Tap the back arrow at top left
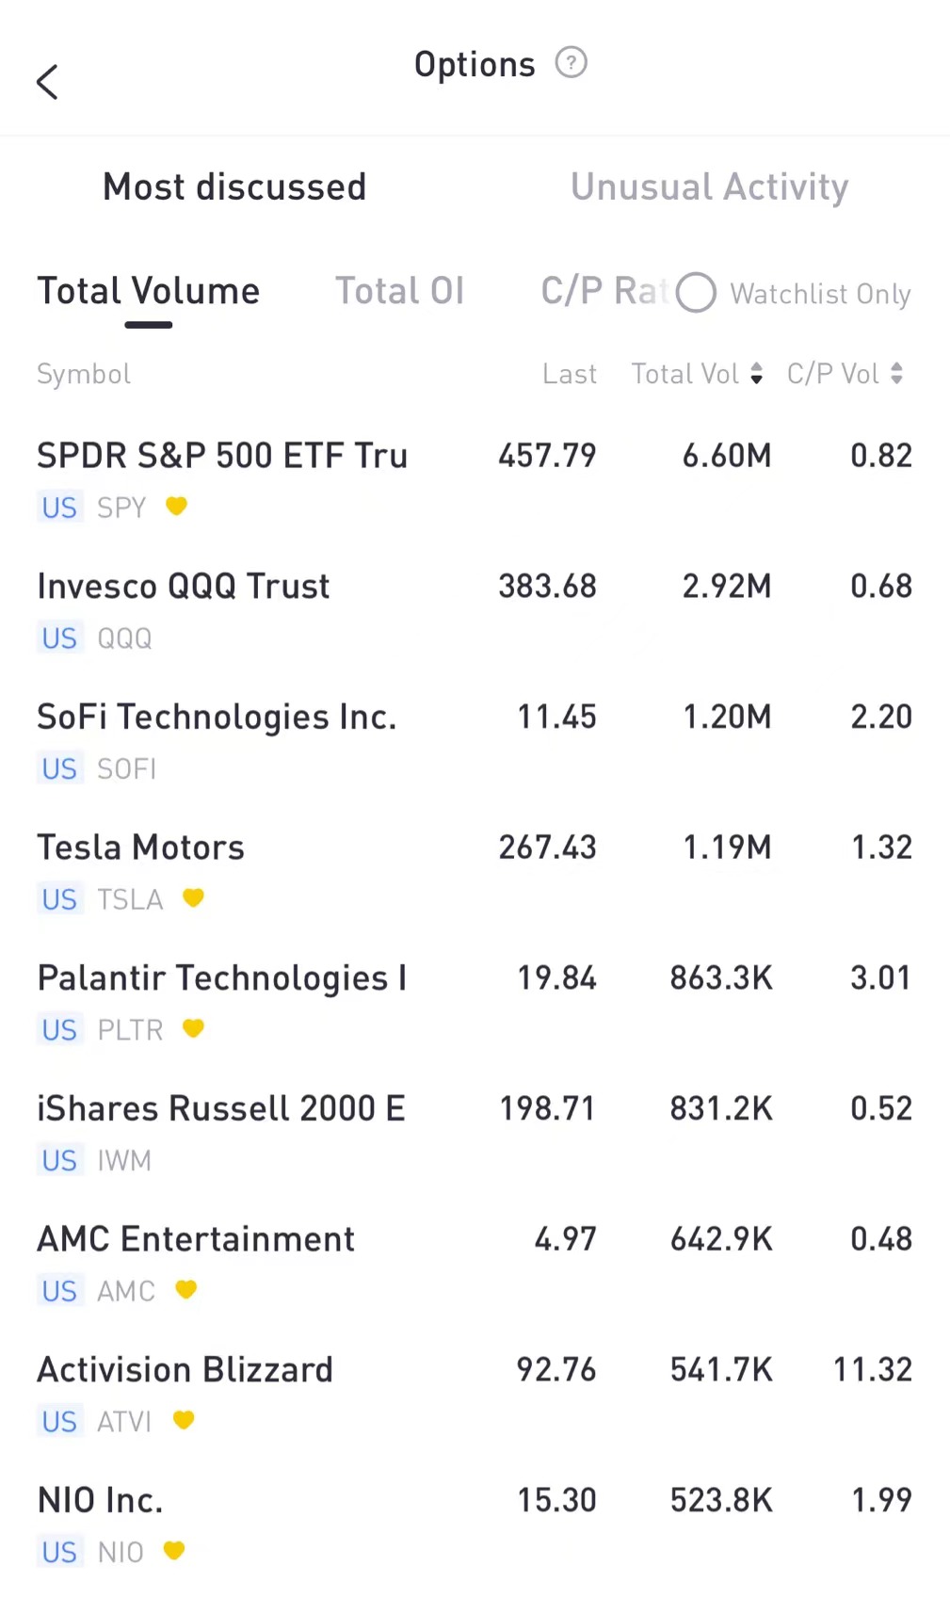point(47,82)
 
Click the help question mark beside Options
point(571,63)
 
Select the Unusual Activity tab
point(709,186)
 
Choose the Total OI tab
point(399,291)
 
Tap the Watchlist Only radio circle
point(696,293)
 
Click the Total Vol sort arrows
point(756,374)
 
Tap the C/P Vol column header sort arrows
point(896,374)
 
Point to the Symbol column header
point(84,374)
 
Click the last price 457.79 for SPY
point(547,456)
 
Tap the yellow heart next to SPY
point(176,507)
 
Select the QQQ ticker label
point(124,638)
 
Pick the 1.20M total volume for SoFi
point(726,717)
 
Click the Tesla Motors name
point(140,847)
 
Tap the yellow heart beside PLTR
point(193,1028)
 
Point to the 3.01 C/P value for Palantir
point(880,977)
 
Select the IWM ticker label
point(123,1160)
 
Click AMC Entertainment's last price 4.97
point(565,1238)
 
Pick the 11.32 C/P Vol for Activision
point(872,1369)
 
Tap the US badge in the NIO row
point(59,1552)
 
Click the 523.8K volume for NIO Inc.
point(721,1500)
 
